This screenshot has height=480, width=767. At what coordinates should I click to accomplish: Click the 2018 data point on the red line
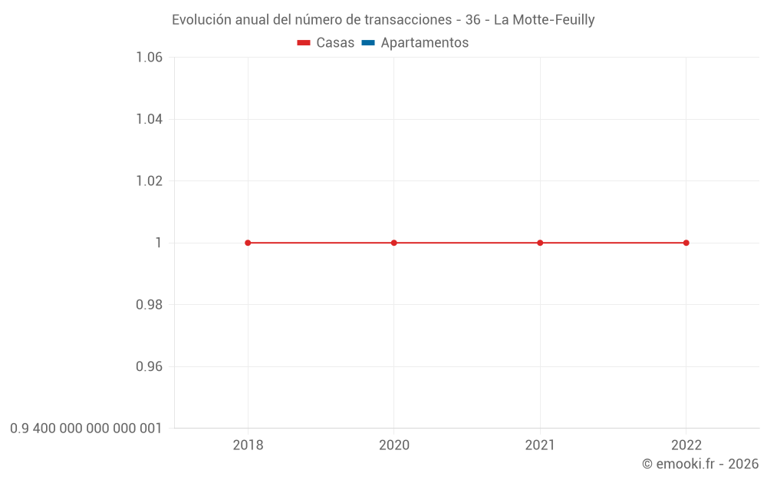coord(248,243)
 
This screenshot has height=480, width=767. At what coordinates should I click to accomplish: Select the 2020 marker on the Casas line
coord(394,243)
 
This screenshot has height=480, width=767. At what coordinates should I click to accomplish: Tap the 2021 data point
coord(540,243)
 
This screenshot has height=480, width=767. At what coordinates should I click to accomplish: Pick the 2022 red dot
coord(686,243)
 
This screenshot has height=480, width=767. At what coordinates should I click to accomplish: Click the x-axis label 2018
coord(248,445)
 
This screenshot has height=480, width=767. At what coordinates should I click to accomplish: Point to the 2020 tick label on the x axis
coord(394,445)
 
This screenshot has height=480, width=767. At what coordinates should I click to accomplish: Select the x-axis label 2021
coord(540,445)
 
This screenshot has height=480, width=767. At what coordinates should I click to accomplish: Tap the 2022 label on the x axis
coord(686,445)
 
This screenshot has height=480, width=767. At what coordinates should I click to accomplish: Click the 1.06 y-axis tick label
coord(149,58)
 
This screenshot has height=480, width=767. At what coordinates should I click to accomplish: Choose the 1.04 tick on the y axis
coord(149,119)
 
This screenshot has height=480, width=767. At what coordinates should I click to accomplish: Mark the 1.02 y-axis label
coord(149,181)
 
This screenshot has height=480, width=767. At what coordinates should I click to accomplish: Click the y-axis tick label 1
coord(159,243)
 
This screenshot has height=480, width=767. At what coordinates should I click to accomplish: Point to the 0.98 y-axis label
coord(149,305)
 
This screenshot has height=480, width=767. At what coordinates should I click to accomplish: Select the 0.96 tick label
coord(149,366)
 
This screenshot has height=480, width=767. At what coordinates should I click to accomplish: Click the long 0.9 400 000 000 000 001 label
coord(86,428)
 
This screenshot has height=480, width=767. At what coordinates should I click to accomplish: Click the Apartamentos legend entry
coord(424,43)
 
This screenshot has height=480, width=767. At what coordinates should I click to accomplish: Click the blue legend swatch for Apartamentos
coord(367,43)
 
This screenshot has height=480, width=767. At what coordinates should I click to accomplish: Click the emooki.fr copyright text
coord(700,464)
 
